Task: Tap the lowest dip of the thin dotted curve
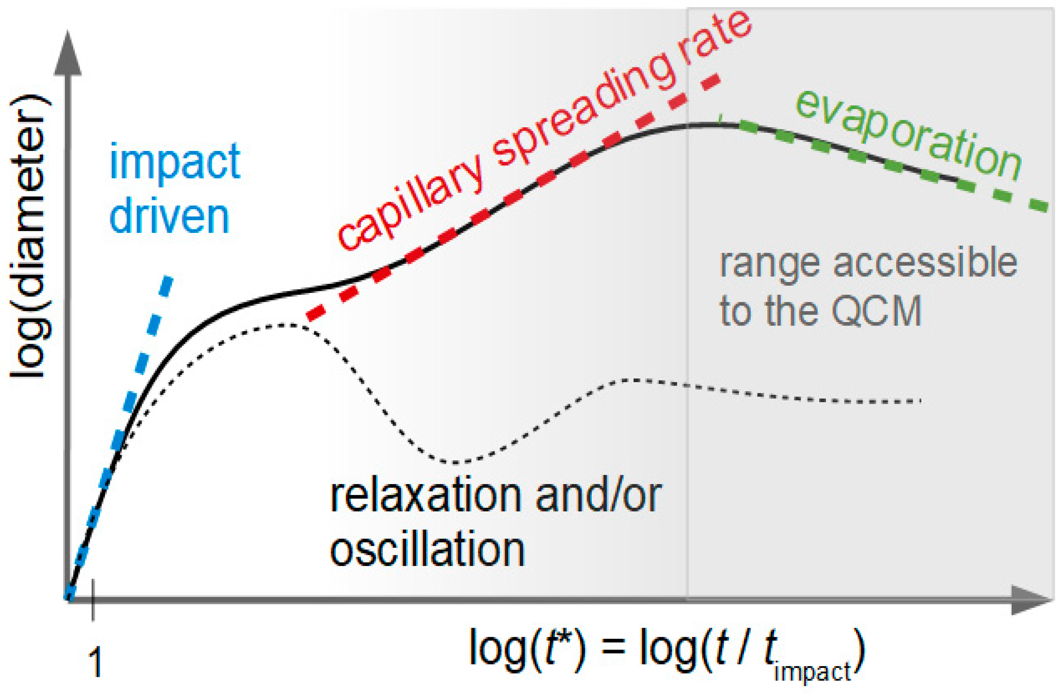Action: click(455, 462)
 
